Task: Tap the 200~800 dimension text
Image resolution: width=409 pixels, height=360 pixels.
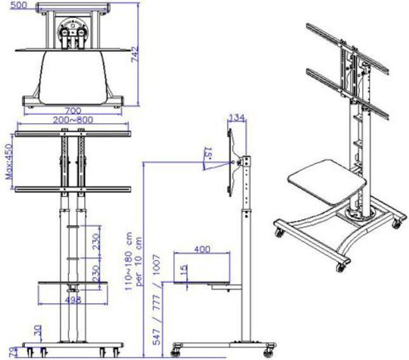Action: coord(74,119)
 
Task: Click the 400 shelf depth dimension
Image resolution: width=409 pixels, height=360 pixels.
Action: coord(202,249)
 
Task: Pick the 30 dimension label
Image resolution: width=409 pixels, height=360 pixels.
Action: coord(39,330)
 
